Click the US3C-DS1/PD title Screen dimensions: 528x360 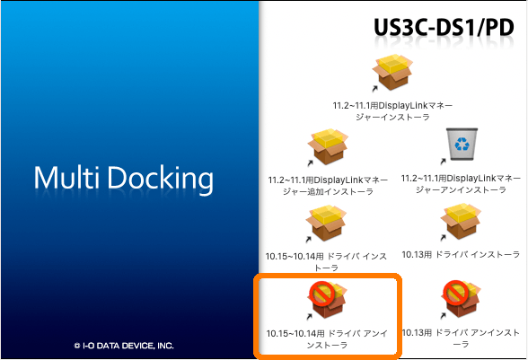point(444,27)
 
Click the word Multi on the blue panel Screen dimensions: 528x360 point(66,178)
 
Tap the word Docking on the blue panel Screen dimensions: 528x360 point(160,180)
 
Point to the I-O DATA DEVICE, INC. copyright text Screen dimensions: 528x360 point(124,346)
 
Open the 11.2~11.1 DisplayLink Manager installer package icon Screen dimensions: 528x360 point(392,72)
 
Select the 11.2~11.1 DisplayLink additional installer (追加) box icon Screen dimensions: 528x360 point(328,146)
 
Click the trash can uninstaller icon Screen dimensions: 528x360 point(462,144)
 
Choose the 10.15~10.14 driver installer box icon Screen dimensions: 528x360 point(326,223)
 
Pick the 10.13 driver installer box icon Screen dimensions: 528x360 point(461,221)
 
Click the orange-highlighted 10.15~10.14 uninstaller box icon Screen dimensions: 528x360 point(327,300)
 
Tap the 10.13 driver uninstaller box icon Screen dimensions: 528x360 point(461,299)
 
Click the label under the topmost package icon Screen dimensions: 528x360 point(392,111)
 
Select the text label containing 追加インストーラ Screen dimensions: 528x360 point(328,186)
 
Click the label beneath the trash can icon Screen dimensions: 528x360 point(461,184)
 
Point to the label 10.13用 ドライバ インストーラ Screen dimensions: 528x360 point(461,255)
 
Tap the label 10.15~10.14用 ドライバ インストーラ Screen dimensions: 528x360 point(326,261)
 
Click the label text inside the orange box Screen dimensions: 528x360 point(327,338)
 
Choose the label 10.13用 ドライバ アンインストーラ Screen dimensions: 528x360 point(461,338)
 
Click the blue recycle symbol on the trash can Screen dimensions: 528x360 point(462,144)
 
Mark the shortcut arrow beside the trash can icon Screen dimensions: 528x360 point(444,162)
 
